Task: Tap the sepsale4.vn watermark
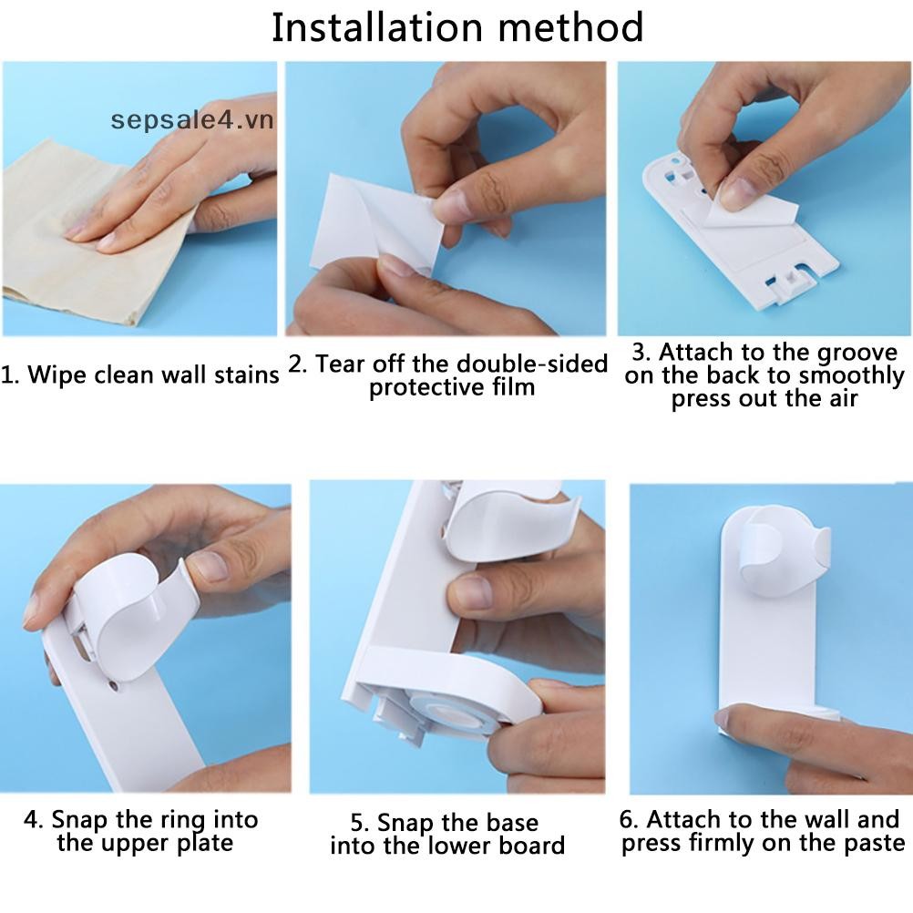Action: [x=192, y=120]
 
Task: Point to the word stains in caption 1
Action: [x=247, y=375]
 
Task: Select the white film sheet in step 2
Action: [x=375, y=224]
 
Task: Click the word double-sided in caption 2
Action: [x=532, y=364]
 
